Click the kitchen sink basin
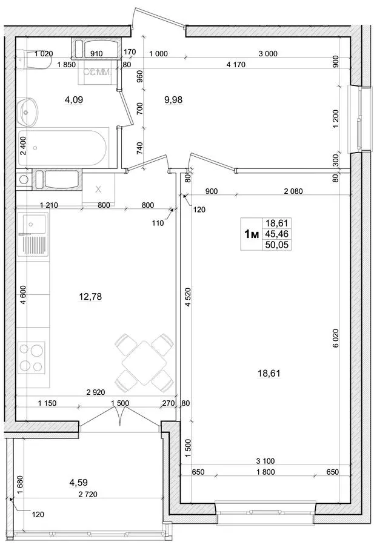(x=34, y=222)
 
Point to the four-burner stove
(x=31, y=358)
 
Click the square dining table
(x=144, y=363)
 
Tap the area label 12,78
(x=90, y=297)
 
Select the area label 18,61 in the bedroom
(x=269, y=373)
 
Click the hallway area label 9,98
(x=173, y=100)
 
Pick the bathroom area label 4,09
(x=74, y=100)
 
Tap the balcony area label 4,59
(x=79, y=483)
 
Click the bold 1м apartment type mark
(x=252, y=234)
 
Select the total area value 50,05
(x=277, y=245)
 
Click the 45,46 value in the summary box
(x=277, y=234)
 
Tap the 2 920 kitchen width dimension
(x=96, y=392)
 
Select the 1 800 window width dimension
(x=265, y=472)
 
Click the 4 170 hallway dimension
(x=236, y=64)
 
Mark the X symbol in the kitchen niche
(x=98, y=190)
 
